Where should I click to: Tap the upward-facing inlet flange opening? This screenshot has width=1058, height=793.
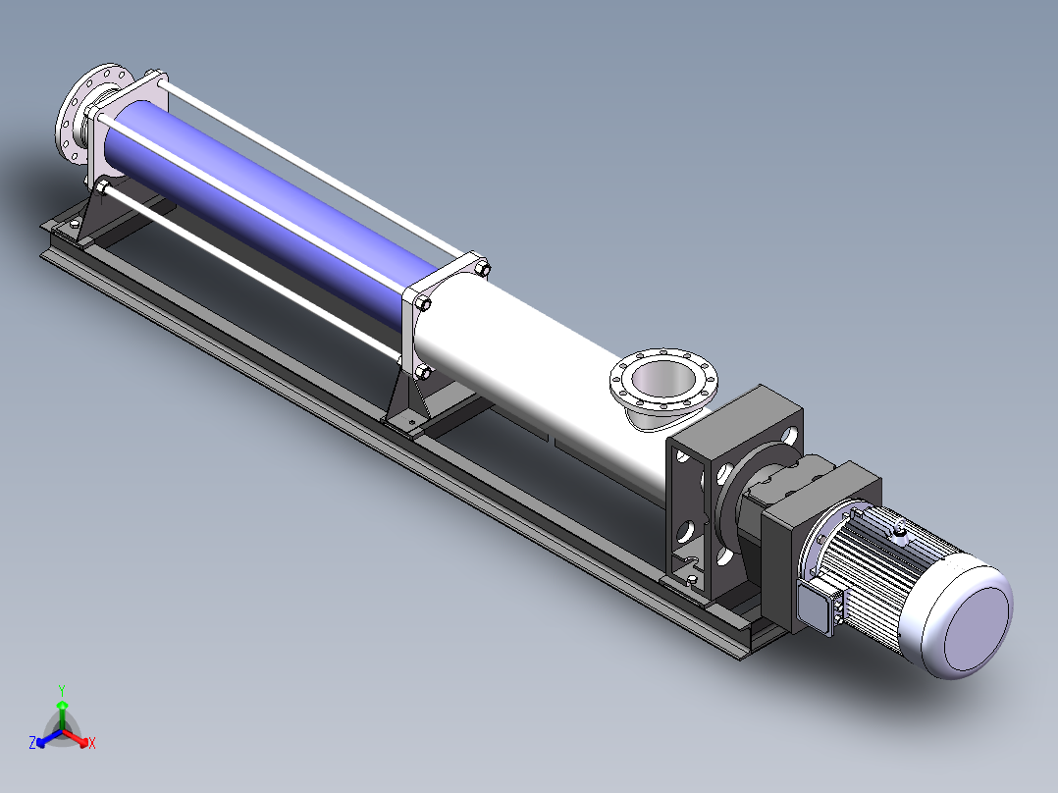pyautogui.click(x=662, y=381)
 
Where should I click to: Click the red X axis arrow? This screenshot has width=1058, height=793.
pyautogui.click(x=75, y=738)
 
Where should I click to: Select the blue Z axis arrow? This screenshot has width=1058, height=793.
pyautogui.click(x=49, y=738)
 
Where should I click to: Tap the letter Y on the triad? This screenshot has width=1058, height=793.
pyautogui.click(x=62, y=690)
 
